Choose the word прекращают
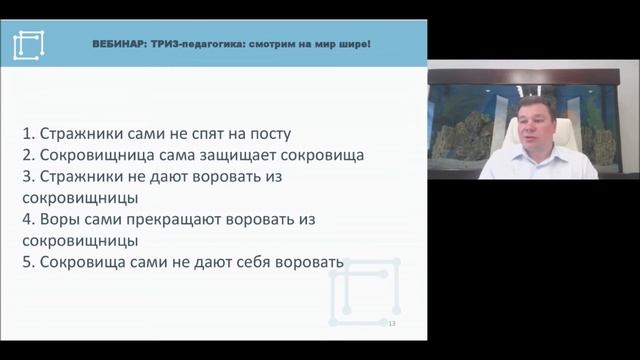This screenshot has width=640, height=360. tap(184, 219)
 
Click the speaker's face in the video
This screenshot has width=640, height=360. tap(525, 135)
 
